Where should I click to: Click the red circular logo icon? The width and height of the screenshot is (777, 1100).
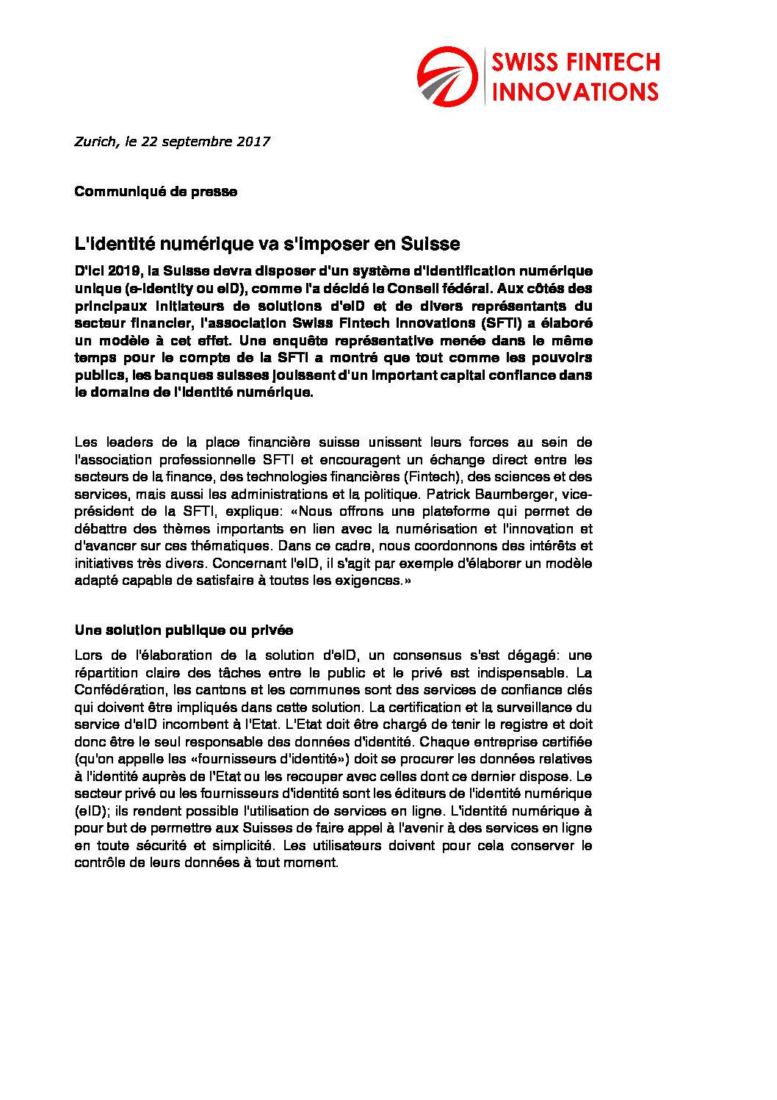tap(447, 76)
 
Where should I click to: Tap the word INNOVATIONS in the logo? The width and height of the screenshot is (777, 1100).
tap(575, 92)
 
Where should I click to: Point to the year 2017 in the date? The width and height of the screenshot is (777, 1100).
tap(253, 142)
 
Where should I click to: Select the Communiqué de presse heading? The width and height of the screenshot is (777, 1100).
tap(156, 192)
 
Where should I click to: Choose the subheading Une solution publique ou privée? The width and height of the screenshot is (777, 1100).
tap(184, 630)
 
